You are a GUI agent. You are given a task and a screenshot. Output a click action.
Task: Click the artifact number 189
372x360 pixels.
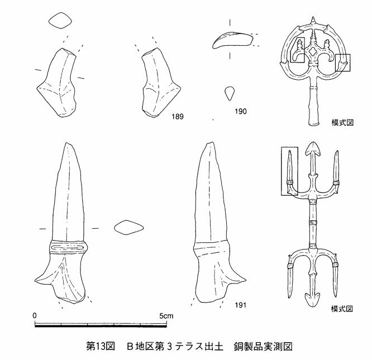[178, 117]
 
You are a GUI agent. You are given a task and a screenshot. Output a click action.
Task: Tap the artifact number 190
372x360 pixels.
[241, 112]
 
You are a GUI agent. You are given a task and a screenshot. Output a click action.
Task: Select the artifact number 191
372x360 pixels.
[241, 305]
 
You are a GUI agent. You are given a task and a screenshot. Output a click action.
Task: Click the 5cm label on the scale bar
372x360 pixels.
[166, 316]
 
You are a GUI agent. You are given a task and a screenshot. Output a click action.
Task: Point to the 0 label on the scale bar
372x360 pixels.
[35, 316]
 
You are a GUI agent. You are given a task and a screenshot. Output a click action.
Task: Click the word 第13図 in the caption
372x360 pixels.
[101, 347]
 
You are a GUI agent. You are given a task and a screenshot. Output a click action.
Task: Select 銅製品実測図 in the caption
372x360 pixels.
[263, 347]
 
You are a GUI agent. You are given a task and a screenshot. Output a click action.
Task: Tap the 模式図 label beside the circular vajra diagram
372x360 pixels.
[342, 123]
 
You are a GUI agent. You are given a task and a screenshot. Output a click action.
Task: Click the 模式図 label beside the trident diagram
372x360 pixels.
[342, 309]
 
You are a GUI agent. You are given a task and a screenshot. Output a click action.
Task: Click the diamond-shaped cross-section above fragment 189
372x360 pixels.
[60, 21]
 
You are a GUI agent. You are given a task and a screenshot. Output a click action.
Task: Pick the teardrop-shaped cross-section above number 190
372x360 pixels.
[230, 93]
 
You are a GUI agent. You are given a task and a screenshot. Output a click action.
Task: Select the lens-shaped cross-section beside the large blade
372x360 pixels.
[128, 228]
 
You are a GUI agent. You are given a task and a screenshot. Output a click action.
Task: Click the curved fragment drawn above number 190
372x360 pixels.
[232, 40]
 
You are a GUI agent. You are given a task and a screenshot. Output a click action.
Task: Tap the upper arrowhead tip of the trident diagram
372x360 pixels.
[313, 143]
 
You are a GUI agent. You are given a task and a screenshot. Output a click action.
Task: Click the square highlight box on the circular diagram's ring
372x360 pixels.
[342, 63]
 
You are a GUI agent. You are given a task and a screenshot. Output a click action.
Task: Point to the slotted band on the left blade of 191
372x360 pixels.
[68, 248]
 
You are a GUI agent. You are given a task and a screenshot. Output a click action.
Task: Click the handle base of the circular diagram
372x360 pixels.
[314, 123]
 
